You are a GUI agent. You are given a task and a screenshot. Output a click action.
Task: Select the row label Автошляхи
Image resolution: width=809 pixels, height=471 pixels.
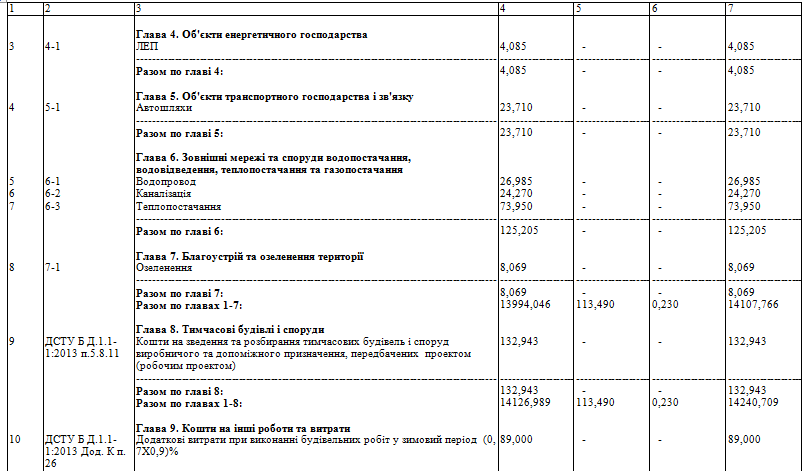point(160,107)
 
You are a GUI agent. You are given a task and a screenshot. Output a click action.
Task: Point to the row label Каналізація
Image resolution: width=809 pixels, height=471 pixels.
point(164,194)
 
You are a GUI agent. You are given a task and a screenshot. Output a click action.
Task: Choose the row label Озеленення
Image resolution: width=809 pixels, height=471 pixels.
point(163,268)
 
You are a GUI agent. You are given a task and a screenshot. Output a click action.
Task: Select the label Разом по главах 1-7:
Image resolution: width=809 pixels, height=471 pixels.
point(189,304)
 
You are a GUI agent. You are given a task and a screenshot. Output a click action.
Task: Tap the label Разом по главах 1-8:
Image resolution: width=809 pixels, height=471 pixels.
point(189,403)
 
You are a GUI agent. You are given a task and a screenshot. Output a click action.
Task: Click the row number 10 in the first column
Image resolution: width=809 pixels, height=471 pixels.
point(12,440)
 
